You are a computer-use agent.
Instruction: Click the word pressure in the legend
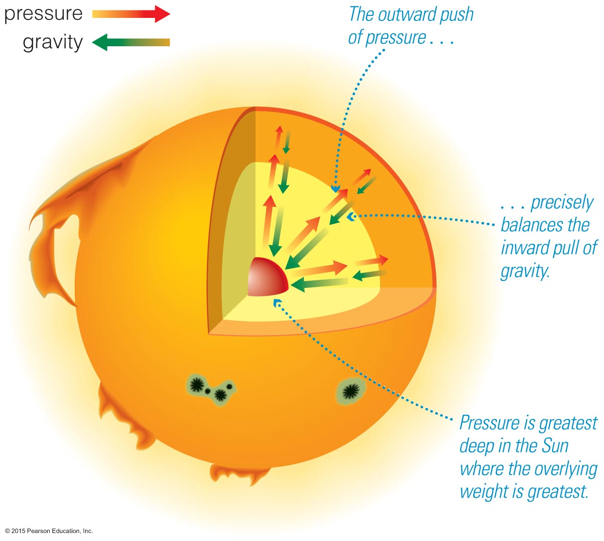(43, 14)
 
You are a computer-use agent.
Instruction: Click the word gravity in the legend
(53, 43)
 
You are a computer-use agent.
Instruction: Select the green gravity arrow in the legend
(131, 42)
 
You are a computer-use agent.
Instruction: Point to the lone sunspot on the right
(351, 391)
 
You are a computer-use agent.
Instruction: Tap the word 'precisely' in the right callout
(562, 203)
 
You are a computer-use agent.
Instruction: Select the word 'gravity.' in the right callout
(525, 271)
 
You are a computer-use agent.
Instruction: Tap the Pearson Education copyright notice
(49, 531)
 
